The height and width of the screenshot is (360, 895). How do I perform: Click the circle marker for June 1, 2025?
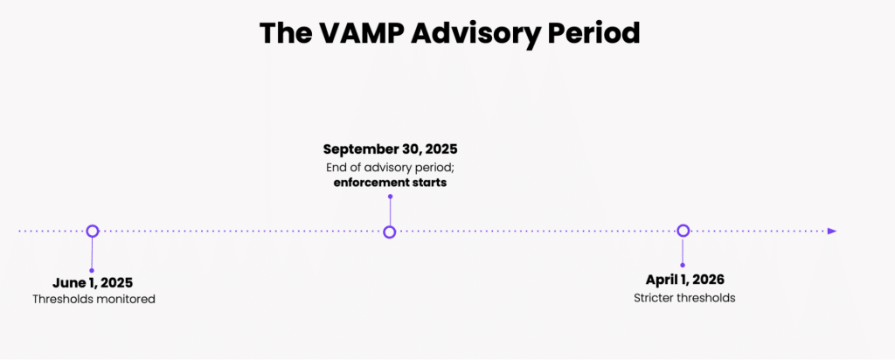coord(93,231)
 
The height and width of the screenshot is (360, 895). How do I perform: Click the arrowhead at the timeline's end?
coord(832,231)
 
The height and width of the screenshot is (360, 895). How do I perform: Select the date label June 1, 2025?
coord(93,282)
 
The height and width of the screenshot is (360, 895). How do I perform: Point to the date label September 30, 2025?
coord(391,149)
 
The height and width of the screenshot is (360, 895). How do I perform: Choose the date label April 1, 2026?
coord(685,280)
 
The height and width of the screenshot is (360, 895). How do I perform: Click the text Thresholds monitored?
coord(94,299)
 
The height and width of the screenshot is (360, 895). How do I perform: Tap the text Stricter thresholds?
coord(684,298)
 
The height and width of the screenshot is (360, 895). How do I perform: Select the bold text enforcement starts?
coord(391,183)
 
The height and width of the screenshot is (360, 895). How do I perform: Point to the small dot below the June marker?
coord(92,270)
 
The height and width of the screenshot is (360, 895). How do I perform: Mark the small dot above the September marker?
coord(390,197)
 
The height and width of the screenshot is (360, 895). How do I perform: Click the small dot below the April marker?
coord(683,266)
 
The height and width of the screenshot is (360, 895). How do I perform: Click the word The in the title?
coord(284,33)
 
